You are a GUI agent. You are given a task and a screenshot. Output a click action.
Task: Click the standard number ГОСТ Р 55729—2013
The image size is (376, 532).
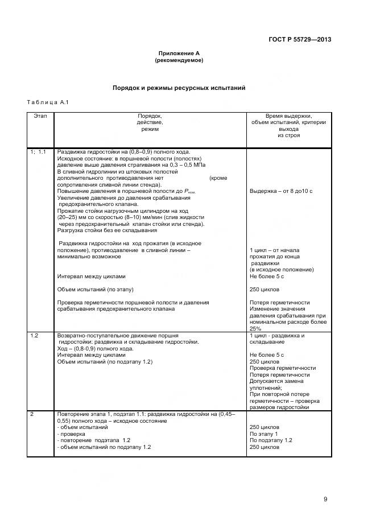(299, 40)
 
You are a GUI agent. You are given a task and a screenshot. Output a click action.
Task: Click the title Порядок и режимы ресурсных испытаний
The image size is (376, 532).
(179, 89)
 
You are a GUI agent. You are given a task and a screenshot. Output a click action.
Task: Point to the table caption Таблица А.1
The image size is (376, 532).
(47, 102)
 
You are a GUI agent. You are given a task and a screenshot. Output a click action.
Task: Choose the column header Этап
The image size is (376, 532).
(40, 116)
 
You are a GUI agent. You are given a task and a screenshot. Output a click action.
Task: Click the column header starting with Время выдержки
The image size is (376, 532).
(288, 116)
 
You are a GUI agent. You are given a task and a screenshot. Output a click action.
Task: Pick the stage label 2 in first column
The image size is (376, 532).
(32, 414)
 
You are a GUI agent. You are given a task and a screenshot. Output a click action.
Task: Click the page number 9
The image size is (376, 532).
(325, 499)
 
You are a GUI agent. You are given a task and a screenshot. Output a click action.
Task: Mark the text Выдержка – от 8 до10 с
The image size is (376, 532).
(281, 191)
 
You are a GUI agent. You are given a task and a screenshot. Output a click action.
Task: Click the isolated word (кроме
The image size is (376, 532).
(218, 178)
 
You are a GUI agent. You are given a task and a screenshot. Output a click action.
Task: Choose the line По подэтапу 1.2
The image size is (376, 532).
(271, 440)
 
